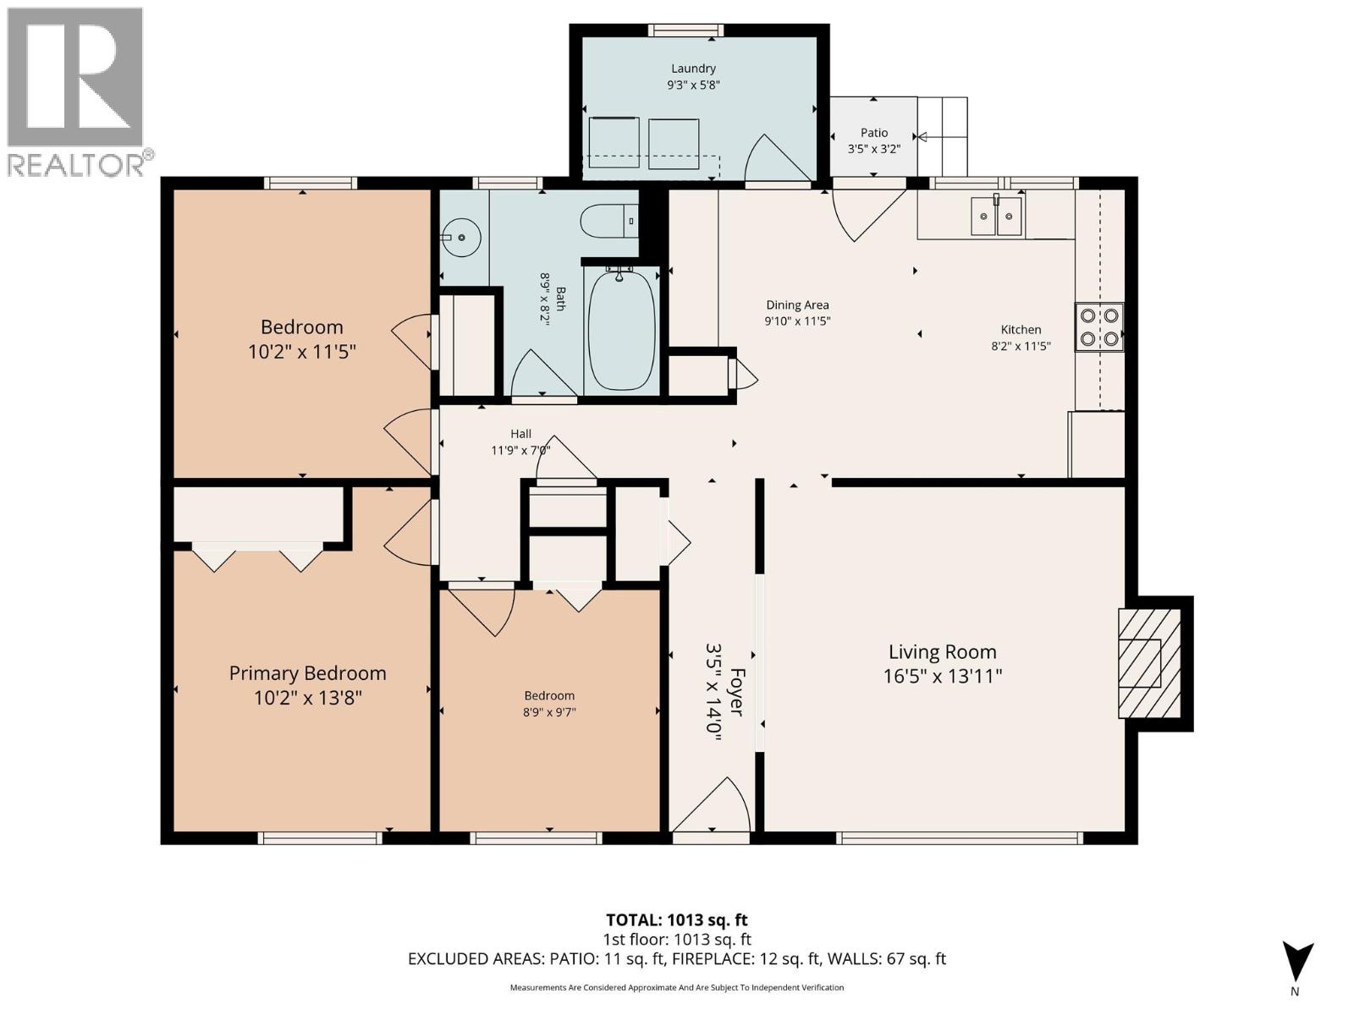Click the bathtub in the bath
(x=621, y=332)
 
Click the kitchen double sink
(x=996, y=217)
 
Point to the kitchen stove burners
(x=1098, y=327)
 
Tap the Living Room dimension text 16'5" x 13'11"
(x=942, y=676)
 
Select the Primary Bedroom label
(x=307, y=673)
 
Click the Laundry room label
(x=693, y=69)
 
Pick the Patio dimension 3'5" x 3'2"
(x=874, y=149)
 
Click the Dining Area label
(x=797, y=305)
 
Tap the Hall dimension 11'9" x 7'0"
(x=520, y=450)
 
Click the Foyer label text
(x=736, y=693)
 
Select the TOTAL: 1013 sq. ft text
(x=676, y=920)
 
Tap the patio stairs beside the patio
(x=943, y=135)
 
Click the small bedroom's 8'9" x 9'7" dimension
(x=548, y=712)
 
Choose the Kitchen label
(x=1021, y=330)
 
